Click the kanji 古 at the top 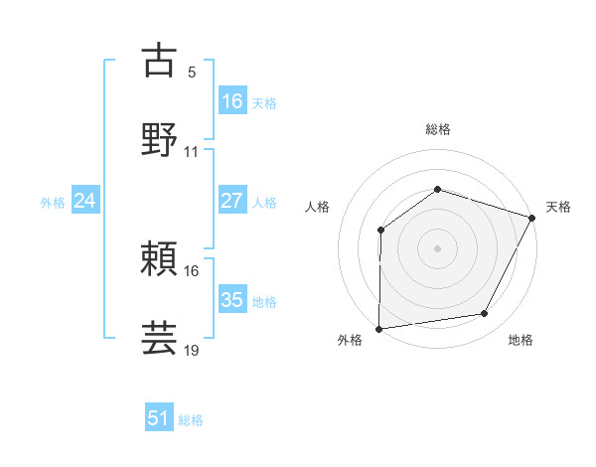pos(160,61)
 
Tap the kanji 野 pos(160,140)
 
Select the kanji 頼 pos(160,259)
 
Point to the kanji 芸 pos(160,338)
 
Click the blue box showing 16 pos(231,100)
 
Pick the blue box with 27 pos(231,201)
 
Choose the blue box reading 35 pos(231,300)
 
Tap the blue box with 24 pos(84,201)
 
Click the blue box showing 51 pos(158,418)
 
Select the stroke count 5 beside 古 pos(192,73)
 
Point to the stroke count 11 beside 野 pos(192,152)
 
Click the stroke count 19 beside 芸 pos(192,350)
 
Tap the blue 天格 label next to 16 pos(264,102)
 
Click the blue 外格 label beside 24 pos(53,203)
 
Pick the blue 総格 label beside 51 pos(191,420)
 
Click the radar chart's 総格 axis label pos(437,129)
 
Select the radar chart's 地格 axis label pos(521,341)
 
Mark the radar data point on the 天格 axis pos(533,217)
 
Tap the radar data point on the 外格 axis pos(378,328)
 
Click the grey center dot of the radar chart pos(437,247)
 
